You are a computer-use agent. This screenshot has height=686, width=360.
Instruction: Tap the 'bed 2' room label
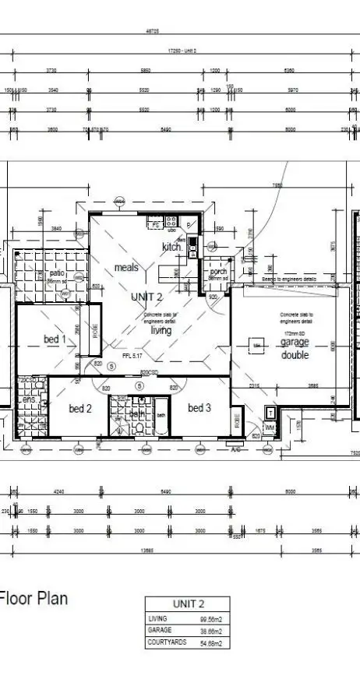(x=80, y=408)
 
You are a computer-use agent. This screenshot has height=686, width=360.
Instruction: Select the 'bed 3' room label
(x=199, y=407)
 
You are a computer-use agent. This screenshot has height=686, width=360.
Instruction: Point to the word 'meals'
(x=126, y=267)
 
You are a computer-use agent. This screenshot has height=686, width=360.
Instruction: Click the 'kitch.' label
(x=172, y=247)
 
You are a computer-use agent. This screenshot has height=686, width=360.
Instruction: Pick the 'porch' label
(x=218, y=270)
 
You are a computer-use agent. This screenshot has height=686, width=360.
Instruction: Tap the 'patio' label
(x=57, y=273)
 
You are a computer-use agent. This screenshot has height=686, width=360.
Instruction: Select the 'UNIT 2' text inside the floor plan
(x=146, y=297)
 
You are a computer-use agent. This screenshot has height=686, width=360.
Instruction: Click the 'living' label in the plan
(x=161, y=330)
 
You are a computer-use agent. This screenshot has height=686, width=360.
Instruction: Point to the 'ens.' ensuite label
(x=29, y=400)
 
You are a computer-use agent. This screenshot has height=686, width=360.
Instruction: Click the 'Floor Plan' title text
(x=34, y=598)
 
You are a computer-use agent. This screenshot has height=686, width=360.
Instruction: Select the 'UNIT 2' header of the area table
(x=188, y=603)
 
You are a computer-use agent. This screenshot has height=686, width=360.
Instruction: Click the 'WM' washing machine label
(x=270, y=427)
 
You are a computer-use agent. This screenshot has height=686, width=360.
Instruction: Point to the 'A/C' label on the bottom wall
(x=233, y=449)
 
